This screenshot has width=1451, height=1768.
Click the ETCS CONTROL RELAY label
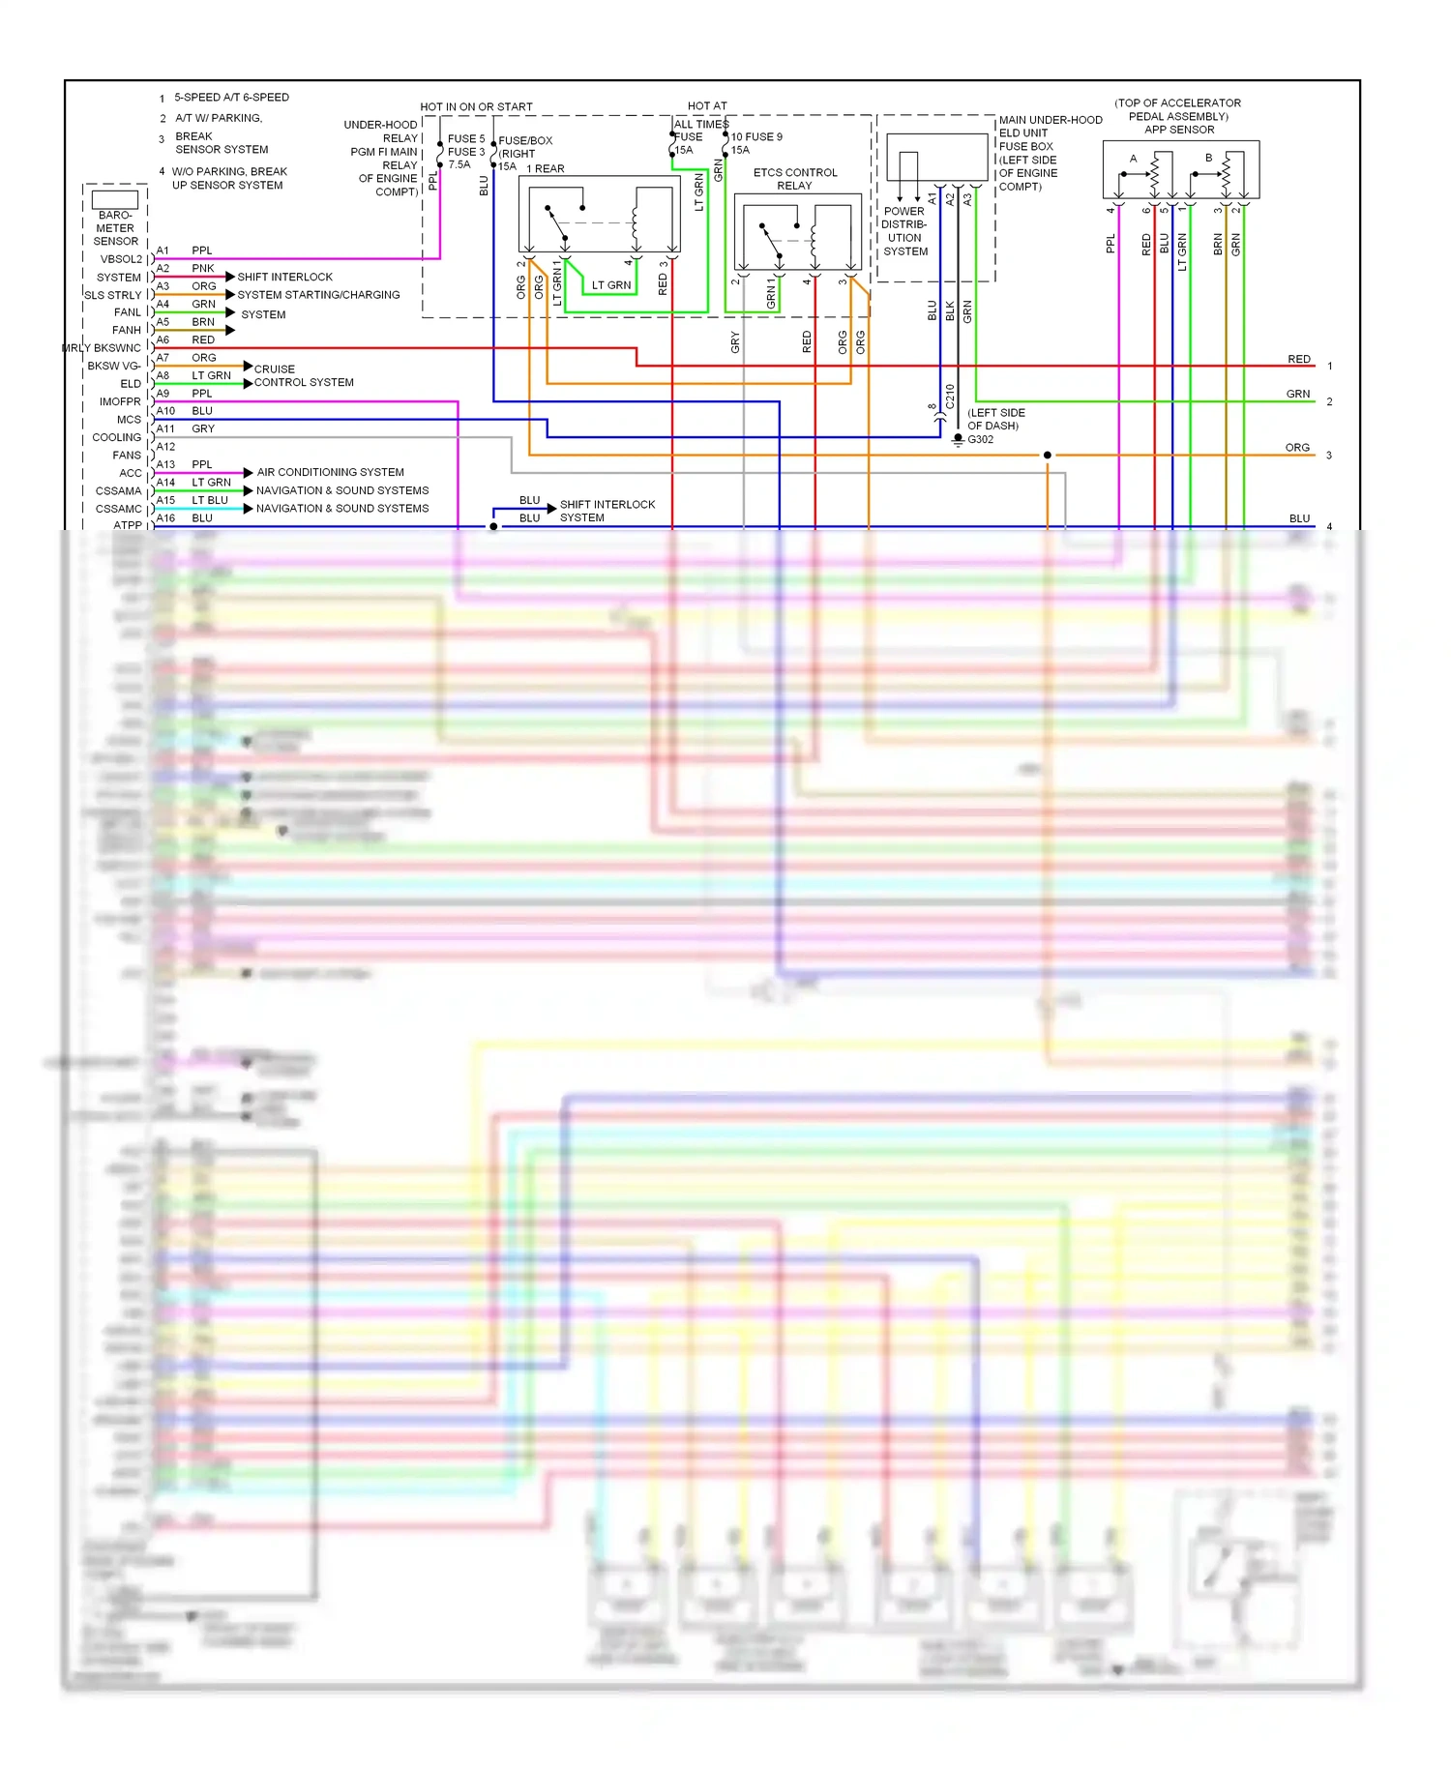click(795, 179)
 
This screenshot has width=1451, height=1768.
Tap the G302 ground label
click(980, 439)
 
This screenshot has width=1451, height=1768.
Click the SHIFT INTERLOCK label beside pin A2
click(284, 277)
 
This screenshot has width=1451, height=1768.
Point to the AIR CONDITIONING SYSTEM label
click(330, 472)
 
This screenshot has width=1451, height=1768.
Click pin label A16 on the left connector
click(165, 518)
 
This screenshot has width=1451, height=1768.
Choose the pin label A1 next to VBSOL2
click(163, 250)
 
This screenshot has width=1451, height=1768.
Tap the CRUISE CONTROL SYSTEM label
click(303, 376)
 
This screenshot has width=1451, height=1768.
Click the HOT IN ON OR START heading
click(476, 106)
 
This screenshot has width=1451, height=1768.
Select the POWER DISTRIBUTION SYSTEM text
click(904, 231)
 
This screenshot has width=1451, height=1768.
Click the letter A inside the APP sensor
click(1134, 159)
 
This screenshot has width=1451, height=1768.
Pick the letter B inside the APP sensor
click(1208, 158)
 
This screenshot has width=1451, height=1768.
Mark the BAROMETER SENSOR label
click(115, 228)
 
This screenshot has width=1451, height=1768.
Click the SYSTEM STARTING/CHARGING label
click(318, 295)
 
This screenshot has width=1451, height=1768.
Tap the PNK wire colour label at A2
click(203, 268)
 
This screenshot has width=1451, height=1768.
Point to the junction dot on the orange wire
click(1047, 455)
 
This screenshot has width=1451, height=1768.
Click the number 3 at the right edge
click(1329, 456)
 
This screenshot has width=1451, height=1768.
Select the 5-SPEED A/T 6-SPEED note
click(231, 98)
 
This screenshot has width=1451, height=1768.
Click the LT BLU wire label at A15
click(210, 500)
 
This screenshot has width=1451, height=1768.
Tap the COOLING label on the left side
click(116, 438)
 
